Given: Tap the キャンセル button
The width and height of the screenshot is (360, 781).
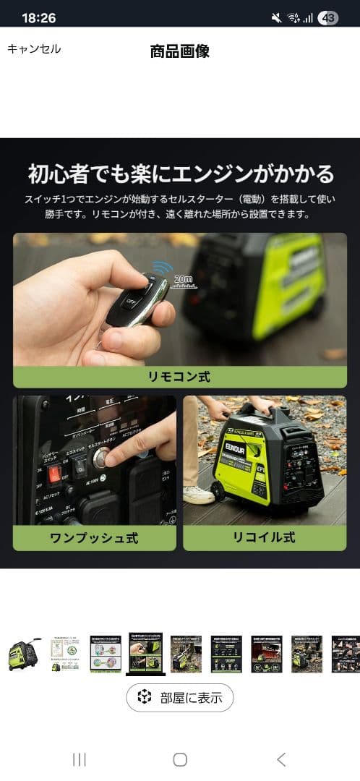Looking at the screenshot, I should [x=34, y=49].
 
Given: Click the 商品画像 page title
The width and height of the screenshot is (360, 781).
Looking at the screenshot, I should [x=180, y=51].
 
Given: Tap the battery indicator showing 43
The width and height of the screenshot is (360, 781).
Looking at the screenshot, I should [x=328, y=18].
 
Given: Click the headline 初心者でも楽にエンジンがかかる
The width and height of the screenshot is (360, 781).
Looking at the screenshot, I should [x=180, y=174].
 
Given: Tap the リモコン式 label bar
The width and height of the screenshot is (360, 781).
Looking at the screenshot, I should [x=180, y=377].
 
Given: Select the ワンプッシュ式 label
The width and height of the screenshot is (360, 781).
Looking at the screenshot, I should [x=94, y=538].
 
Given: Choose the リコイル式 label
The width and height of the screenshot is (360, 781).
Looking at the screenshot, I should [x=264, y=538].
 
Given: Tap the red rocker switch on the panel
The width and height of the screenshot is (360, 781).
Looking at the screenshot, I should [x=53, y=474].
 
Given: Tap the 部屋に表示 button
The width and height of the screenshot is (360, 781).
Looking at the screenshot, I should [x=180, y=698].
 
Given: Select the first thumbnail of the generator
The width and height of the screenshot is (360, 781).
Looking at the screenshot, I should [x=25, y=654].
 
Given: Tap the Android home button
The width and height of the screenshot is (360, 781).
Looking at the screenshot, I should [x=180, y=759].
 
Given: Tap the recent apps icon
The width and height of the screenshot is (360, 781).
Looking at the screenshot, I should [x=80, y=759].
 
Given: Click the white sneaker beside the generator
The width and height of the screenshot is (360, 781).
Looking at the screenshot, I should [x=198, y=494].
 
